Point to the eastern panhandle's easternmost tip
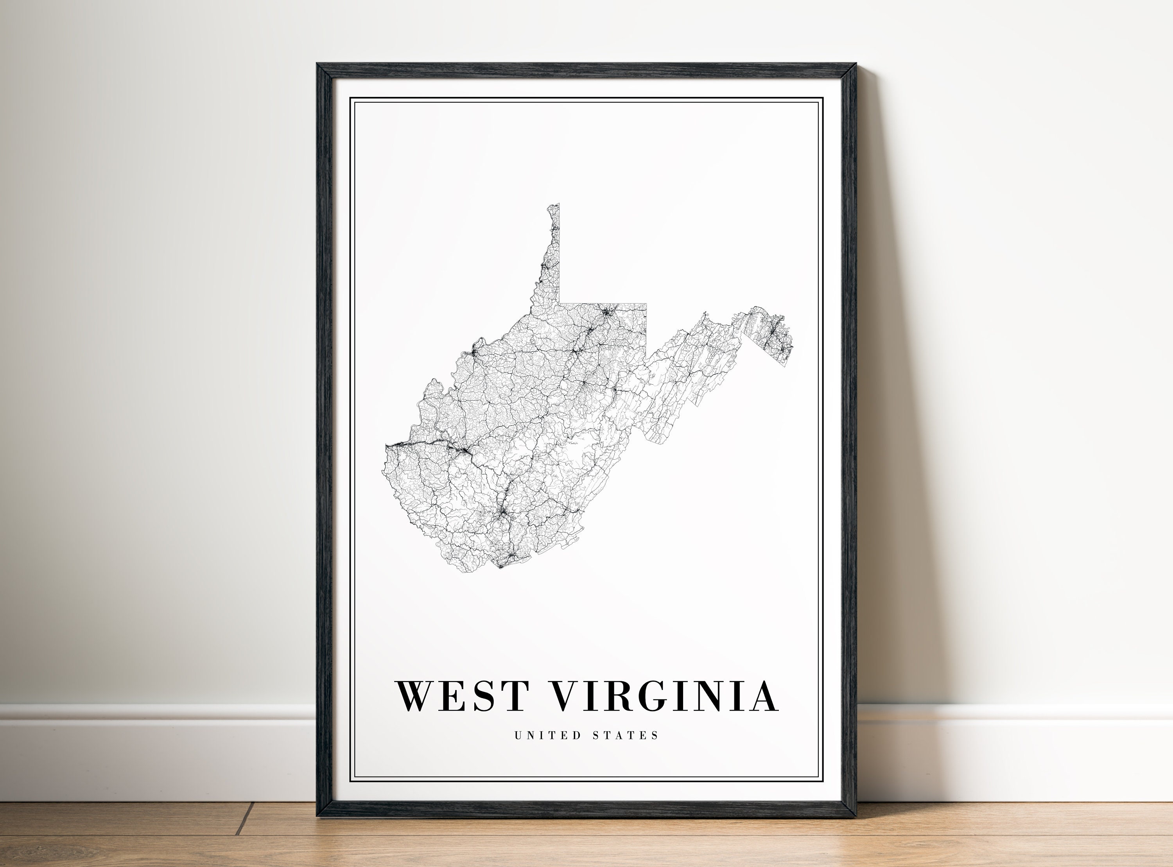click(793, 346)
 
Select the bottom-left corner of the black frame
click(318, 817)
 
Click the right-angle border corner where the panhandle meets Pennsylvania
click(560, 303)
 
